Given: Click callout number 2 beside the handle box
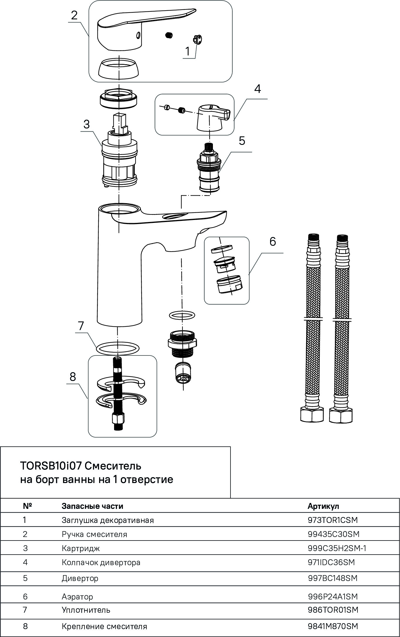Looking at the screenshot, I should tap(74, 15).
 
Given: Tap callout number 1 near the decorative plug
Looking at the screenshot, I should tap(187, 51).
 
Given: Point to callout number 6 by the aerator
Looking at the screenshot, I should tap(272, 242).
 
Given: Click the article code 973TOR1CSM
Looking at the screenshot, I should tap(333, 520).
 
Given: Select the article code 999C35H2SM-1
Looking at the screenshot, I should tap(337, 548).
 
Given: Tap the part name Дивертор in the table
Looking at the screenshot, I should tap(80, 578).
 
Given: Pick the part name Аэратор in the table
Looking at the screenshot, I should tap(77, 597).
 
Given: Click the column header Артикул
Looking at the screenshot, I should tap(323, 506).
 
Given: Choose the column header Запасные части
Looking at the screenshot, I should tap(92, 506).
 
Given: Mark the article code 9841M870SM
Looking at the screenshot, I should tap(333, 626).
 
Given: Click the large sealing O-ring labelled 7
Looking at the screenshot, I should tap(118, 348).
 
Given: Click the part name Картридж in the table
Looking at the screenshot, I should tap(81, 548).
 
